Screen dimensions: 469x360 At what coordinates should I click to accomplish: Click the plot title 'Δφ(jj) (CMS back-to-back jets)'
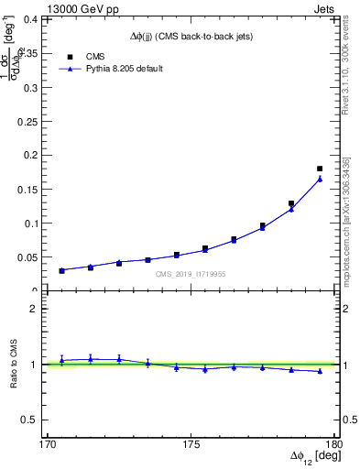pyautogui.click(x=191, y=37)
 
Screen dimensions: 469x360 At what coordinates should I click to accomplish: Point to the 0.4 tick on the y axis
pyautogui.click(x=40, y=18)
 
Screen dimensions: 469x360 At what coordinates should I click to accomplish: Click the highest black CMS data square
pyautogui.click(x=320, y=169)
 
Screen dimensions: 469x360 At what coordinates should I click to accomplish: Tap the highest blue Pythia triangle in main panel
pyautogui.click(x=320, y=179)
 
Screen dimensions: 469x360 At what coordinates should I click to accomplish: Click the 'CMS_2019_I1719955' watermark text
pyautogui.click(x=191, y=274)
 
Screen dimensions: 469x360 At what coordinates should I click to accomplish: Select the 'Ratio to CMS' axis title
pyautogui.click(x=15, y=363)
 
